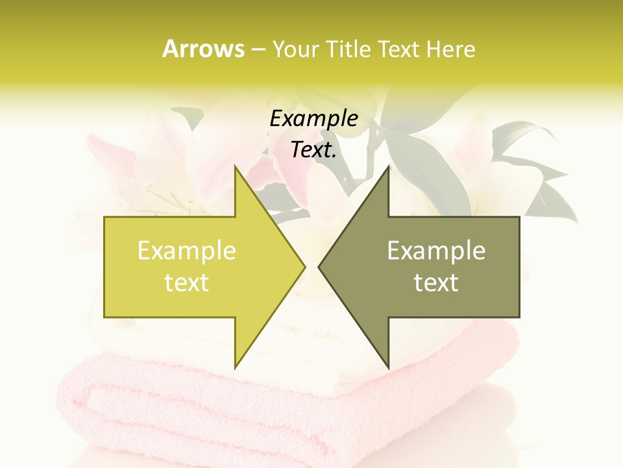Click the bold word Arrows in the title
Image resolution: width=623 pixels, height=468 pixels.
(x=203, y=49)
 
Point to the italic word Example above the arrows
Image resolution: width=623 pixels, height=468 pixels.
(x=313, y=119)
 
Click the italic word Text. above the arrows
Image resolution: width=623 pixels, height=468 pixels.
(x=313, y=150)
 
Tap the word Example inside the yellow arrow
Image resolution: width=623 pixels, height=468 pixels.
(x=186, y=251)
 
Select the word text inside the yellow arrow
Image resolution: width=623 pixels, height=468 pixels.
(x=186, y=283)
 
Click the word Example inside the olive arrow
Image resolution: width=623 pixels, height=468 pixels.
(x=436, y=251)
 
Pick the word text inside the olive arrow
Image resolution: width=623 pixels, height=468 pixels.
(x=436, y=283)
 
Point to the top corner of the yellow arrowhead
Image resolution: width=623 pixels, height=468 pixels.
(x=236, y=167)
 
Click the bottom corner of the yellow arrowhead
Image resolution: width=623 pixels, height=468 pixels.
(x=236, y=367)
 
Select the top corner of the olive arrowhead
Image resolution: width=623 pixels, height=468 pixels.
(x=387, y=167)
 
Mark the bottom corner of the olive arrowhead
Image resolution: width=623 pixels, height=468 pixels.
(x=387, y=367)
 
